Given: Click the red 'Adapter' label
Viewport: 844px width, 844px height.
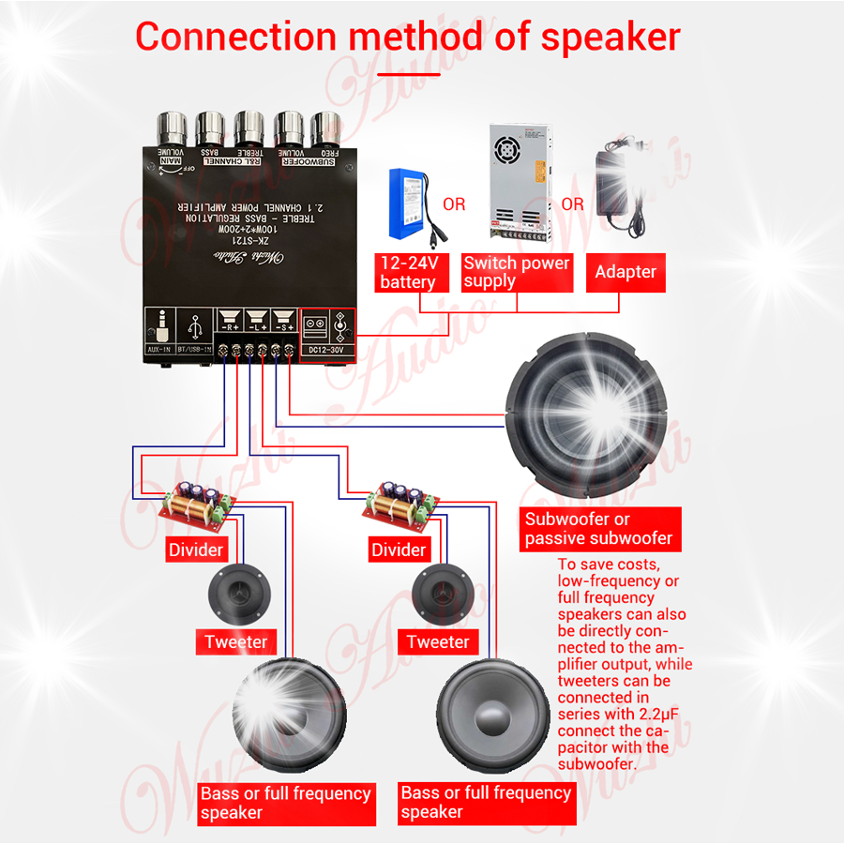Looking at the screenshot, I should coord(625,272).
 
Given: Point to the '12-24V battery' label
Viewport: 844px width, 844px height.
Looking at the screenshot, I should coord(408,272).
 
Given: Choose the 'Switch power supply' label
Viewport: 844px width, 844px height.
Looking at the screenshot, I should coord(516,271).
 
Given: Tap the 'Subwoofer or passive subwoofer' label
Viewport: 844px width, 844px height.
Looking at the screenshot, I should coord(598,529).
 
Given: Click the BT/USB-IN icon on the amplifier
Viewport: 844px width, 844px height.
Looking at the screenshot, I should coord(194,329).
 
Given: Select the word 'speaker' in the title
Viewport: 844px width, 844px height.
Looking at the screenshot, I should coord(610,37).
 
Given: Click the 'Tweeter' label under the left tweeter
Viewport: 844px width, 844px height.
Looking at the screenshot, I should coord(236,642).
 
